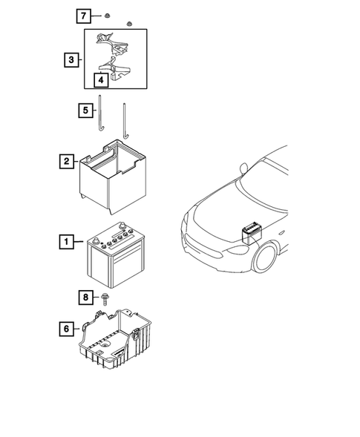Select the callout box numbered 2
(67, 160)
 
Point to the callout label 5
(86, 111)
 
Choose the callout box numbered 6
(67, 327)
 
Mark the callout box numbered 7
(85, 15)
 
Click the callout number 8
(86, 298)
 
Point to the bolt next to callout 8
(106, 300)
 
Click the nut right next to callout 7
(107, 15)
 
